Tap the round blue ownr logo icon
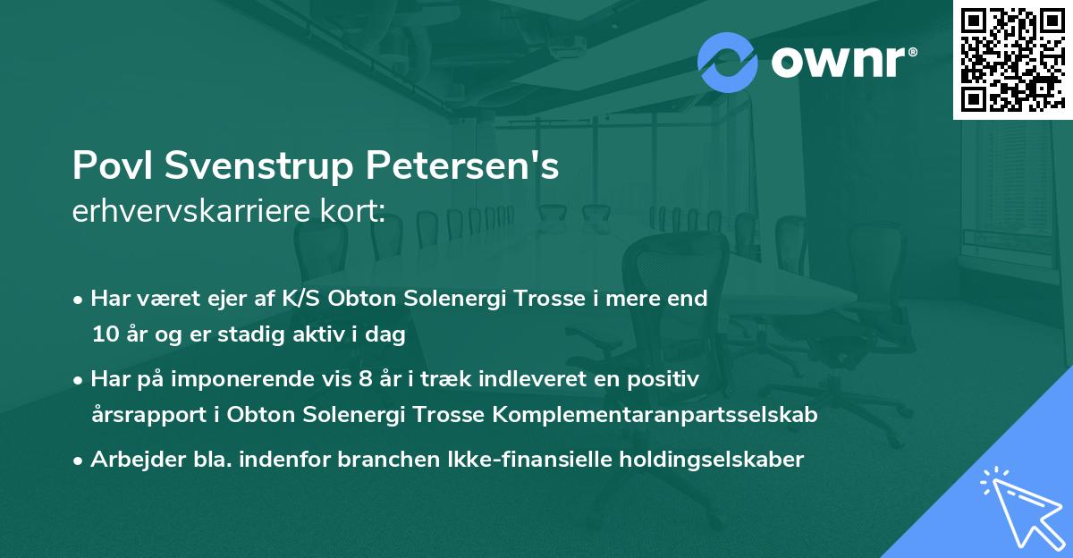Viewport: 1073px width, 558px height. tap(727, 63)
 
